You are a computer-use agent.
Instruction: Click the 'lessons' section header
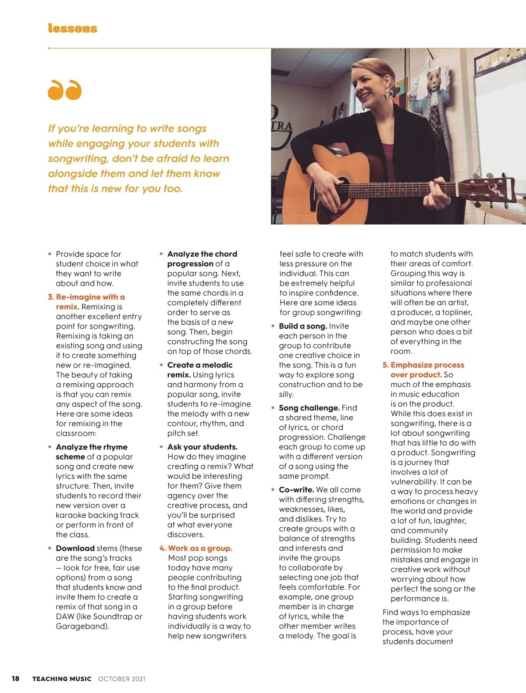tap(72, 28)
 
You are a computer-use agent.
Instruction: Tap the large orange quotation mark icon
tap(64, 90)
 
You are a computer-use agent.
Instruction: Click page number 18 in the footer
tap(15, 679)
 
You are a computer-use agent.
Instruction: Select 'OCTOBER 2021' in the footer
tap(121, 679)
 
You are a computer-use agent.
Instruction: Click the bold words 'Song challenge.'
tap(309, 408)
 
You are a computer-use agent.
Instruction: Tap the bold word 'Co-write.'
tap(296, 490)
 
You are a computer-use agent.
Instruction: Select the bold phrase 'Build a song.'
tap(303, 326)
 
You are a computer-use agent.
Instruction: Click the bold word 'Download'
tap(75, 548)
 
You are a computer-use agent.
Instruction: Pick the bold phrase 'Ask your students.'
tap(202, 447)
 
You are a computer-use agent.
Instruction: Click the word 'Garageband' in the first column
tap(82, 626)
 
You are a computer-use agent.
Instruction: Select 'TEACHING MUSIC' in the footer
tap(62, 679)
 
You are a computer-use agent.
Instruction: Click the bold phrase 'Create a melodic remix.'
tap(199, 369)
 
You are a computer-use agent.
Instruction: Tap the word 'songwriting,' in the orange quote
tap(78, 159)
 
